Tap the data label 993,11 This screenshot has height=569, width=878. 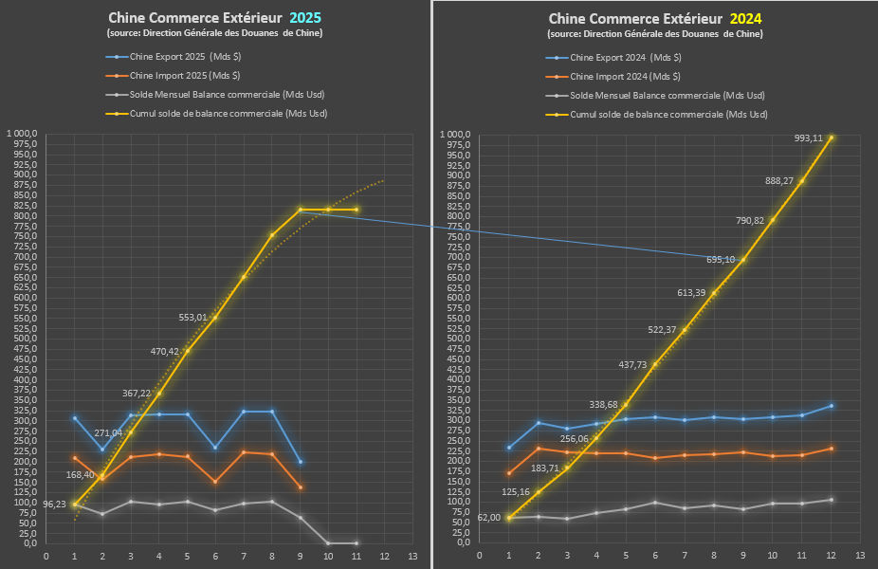click(x=811, y=138)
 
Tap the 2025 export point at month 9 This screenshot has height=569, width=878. click(x=301, y=462)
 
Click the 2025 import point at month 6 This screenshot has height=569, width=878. click(x=215, y=482)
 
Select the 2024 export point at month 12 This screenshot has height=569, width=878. click(x=832, y=406)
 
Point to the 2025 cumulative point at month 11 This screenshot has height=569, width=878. click(x=357, y=210)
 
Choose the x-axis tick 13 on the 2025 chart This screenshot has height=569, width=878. click(x=412, y=556)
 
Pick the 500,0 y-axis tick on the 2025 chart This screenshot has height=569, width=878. click(x=21, y=339)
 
